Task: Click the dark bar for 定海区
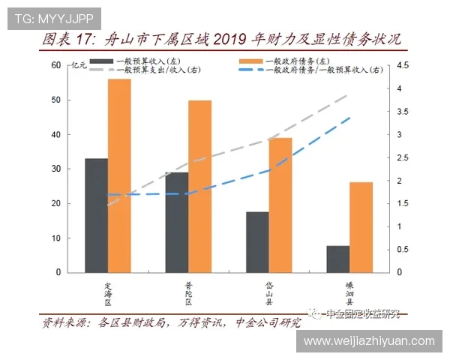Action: pos(96,215)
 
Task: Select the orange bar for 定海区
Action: pos(119,175)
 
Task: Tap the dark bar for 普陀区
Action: pos(177,222)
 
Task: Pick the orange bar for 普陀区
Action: pos(200,186)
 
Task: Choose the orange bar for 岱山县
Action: pos(280,205)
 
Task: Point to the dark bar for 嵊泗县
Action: pos(337,259)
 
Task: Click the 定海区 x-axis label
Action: pos(108,293)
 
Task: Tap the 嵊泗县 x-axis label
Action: pos(349,293)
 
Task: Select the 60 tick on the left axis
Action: pos(55,65)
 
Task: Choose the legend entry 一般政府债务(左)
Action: pos(296,60)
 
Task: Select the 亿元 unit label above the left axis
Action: pos(78,67)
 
